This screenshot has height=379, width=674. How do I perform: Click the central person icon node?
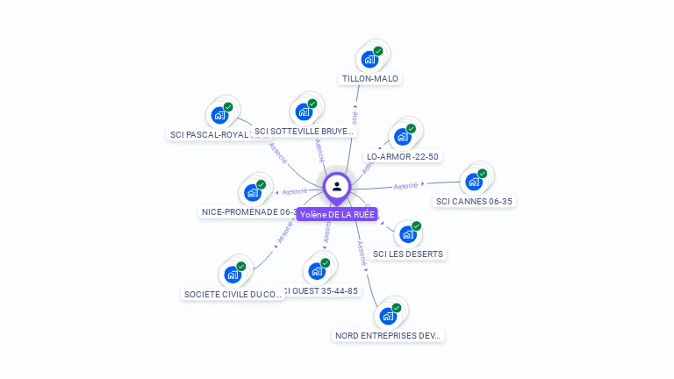337,186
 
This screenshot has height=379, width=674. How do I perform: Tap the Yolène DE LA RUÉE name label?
337,214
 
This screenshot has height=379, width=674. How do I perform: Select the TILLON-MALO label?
370,79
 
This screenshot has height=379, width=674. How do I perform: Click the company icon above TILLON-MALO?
369,60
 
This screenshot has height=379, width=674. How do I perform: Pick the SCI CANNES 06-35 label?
474,201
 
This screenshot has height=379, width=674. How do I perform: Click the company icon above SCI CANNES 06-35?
474,182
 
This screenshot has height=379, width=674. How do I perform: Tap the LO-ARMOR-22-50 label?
403,157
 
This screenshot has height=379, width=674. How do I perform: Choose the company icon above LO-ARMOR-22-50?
403,137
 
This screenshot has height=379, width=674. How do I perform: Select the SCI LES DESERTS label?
408,254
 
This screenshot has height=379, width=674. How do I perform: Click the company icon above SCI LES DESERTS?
407,234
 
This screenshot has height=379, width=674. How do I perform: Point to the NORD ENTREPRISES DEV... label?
389,335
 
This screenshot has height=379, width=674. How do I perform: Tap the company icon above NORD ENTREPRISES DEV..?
388,316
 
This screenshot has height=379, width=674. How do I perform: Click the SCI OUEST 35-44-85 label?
321,291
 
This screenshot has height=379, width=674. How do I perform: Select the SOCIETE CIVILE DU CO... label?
233,295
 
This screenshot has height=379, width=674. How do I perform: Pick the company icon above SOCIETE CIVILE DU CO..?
233,275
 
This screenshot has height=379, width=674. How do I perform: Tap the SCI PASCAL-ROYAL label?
211,135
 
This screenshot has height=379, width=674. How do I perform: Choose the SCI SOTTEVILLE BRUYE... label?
304,132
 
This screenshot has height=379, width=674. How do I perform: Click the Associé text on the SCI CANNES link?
405,186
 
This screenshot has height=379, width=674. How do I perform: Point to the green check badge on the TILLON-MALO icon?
378,52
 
